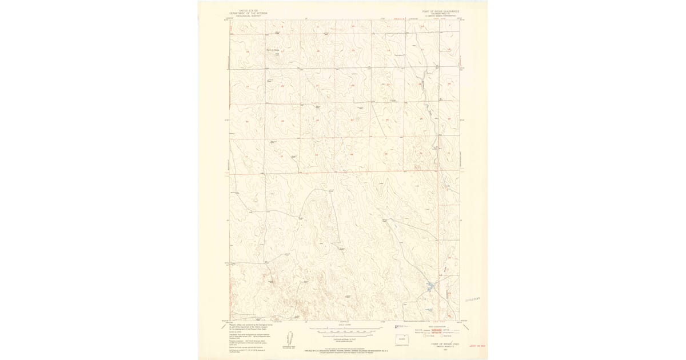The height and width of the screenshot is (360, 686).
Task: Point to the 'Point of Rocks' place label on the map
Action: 272,50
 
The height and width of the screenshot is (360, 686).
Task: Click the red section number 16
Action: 317,51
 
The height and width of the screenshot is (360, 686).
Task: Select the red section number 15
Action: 353,51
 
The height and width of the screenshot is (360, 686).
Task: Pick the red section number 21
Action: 317,86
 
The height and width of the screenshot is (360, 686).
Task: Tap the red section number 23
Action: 388,86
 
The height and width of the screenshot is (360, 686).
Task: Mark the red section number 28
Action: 317,121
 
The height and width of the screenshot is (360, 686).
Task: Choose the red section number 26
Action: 388,121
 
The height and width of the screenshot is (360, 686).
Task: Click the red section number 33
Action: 317,155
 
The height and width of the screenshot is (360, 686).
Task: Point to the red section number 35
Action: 388,155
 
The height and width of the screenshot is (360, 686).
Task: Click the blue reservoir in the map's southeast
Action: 430,286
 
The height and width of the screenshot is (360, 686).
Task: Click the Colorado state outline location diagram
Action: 404,339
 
